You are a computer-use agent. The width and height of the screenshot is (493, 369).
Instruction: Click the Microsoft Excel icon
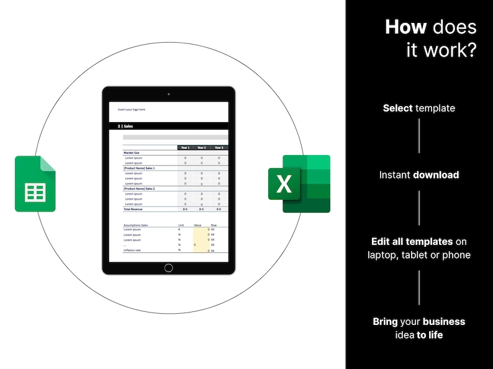[x=299, y=184]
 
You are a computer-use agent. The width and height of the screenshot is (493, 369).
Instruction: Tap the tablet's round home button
[x=168, y=268]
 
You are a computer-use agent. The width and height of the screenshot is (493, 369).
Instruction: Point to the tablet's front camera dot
[x=168, y=94]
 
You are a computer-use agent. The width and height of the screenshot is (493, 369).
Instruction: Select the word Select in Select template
[x=397, y=108]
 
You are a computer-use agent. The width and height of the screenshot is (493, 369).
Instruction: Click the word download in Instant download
[x=436, y=175]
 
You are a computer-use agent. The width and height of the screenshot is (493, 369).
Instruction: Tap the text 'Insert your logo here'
[x=132, y=110]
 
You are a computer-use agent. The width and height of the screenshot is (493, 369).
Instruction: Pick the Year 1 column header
[x=184, y=148]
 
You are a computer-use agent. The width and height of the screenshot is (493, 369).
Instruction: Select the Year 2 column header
[x=201, y=148]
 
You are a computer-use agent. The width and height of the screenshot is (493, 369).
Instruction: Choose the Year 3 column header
[x=219, y=148]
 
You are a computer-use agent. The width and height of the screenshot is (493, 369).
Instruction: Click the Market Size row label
[x=132, y=153]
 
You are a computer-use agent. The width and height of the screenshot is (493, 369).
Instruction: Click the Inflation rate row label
[x=133, y=250]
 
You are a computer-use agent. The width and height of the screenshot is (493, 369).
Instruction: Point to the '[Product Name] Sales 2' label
[x=139, y=189]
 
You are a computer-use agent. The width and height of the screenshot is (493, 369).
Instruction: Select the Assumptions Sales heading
[x=135, y=225]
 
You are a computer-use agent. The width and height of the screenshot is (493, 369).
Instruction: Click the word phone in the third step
[x=456, y=255]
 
